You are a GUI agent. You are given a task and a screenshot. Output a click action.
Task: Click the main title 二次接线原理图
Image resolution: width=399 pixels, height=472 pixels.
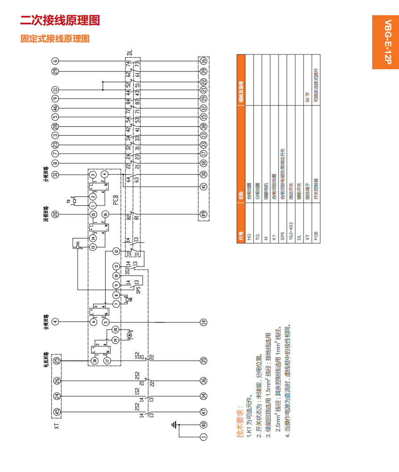[x=60, y=21]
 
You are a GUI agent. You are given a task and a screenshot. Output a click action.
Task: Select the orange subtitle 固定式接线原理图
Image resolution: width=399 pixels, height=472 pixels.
[x=55, y=39]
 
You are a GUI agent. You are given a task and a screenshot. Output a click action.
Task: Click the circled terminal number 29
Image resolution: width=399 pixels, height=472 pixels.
[x=55, y=71]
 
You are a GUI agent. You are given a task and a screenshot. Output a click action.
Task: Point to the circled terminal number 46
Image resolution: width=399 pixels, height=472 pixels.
[x=55, y=108]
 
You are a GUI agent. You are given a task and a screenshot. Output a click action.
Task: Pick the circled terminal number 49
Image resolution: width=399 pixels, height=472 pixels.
[x=204, y=214]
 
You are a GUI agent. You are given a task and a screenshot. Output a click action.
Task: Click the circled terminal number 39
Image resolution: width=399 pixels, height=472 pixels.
[x=204, y=71]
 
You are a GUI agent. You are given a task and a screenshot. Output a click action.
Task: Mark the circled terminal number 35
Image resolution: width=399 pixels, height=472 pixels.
[x=204, y=360]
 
